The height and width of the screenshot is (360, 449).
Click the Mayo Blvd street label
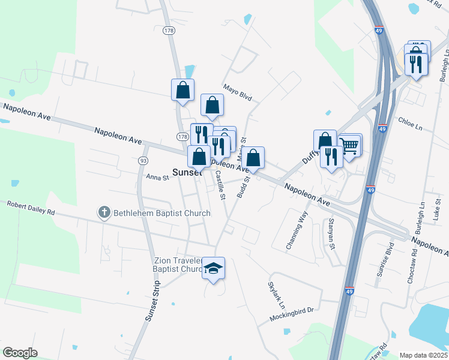pyautogui.click(x=237, y=92)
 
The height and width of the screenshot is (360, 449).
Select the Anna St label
pyautogui.click(x=158, y=177)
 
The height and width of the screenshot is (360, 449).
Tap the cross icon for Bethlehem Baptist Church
pyautogui.click(x=104, y=212)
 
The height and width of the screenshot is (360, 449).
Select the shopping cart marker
pyautogui.click(x=349, y=145)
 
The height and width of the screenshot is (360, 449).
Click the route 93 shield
pyautogui.click(x=142, y=161)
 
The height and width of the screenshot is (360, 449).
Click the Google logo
pyautogui.click(x=20, y=353)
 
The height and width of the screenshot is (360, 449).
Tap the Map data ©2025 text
pyautogui.click(x=423, y=355)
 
